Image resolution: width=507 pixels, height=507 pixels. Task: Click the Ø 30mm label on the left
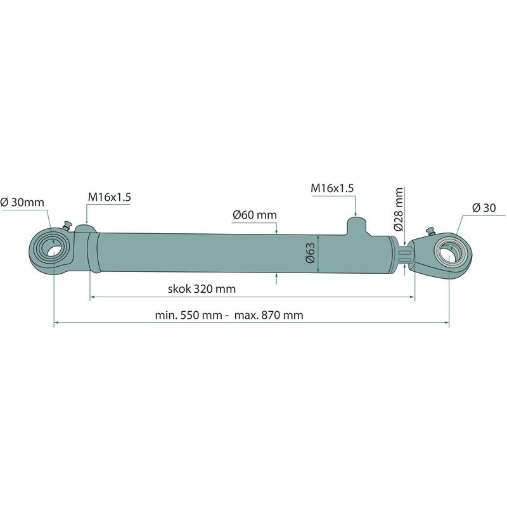tap(22, 202)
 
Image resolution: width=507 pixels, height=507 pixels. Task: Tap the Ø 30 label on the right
tap(484, 208)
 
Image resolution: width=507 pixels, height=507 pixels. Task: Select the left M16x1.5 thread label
tap(109, 197)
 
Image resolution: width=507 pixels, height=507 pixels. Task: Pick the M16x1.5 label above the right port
tap(332, 188)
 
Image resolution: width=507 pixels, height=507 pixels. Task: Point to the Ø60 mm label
tap(255, 215)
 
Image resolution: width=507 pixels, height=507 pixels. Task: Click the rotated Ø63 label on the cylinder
tap(310, 253)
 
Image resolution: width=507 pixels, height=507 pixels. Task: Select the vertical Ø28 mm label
tap(399, 209)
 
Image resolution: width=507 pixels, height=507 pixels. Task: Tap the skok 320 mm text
tap(202, 288)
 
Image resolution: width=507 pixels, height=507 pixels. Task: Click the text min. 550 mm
tap(188, 315)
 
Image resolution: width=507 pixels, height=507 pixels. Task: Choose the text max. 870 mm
tap(269, 315)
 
